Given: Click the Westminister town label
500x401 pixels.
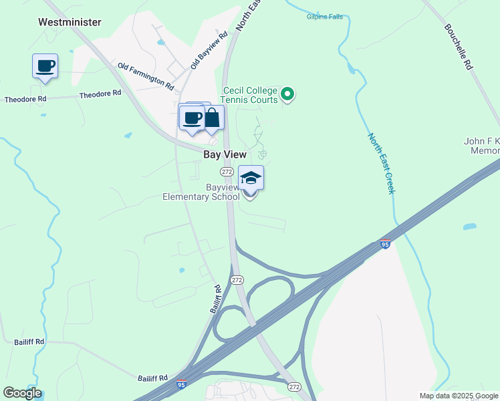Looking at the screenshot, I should [70, 22].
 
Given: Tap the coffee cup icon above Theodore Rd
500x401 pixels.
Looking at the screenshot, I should [45, 66].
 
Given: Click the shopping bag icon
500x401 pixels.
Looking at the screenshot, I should [212, 118].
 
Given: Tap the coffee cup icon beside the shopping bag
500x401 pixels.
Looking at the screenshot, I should [192, 118].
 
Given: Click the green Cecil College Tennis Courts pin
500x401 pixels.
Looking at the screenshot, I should [287, 94].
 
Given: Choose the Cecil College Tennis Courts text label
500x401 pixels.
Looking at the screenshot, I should [250, 95].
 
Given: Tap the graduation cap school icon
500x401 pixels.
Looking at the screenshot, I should [251, 178].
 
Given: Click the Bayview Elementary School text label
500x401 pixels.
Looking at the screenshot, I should [201, 192].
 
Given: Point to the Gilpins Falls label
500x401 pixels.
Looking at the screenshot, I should [325, 16].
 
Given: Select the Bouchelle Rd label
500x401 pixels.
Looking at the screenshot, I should [459, 47].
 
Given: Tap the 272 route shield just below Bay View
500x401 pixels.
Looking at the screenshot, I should [227, 172].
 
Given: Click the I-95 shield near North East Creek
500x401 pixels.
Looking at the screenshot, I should [385, 245].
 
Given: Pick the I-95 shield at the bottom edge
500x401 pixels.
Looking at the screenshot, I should [181, 384].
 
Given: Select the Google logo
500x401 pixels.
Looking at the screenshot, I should [22, 393].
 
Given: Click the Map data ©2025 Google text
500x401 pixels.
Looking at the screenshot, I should [458, 396].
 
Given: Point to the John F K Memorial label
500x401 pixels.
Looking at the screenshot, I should [481, 146].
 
